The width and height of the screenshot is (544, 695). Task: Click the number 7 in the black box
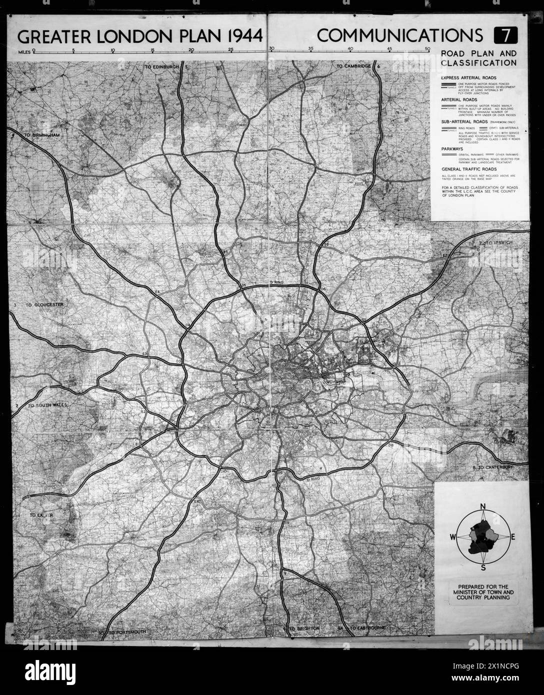[x=506, y=36]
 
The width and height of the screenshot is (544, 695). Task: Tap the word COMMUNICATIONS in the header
[x=400, y=36]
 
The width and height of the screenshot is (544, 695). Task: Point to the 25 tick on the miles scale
[x=230, y=50]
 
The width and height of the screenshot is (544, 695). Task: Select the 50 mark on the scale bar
[x=427, y=49]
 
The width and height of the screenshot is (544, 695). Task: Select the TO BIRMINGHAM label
[x=44, y=135]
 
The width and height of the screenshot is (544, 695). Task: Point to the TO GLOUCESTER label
[x=44, y=304]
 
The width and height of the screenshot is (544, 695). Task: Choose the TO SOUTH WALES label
[x=47, y=405]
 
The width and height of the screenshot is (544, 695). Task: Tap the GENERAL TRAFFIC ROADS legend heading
[x=468, y=169]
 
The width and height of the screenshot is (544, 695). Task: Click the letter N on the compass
[x=482, y=506]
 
